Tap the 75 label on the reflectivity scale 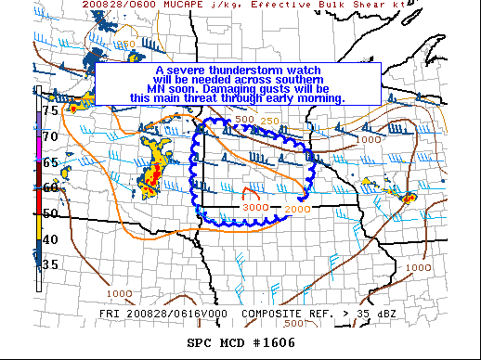51,110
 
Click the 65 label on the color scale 51,162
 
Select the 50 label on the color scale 51,213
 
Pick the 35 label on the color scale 51,265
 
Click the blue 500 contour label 244,121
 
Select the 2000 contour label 297,210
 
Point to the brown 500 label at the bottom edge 292,324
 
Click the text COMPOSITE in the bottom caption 276,314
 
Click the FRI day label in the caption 109,314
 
